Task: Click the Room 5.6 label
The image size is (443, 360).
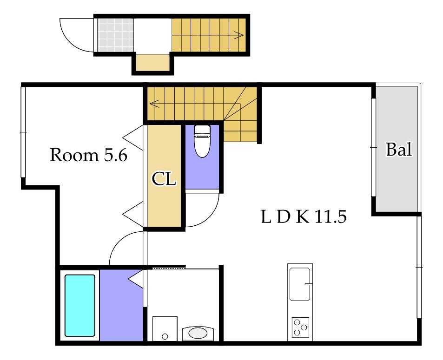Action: click(x=88, y=155)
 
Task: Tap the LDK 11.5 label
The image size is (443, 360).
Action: click(x=304, y=217)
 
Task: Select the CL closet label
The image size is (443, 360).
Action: click(x=164, y=179)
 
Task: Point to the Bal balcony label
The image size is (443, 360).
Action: click(x=399, y=149)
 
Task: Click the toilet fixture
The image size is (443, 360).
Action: click(x=202, y=141)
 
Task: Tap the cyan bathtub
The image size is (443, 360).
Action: click(x=79, y=305)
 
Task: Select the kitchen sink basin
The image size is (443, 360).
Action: click(x=300, y=284)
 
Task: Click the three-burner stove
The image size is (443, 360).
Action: click(x=300, y=327)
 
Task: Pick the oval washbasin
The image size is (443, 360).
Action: click(x=198, y=333)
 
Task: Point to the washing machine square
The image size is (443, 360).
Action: click(x=165, y=329)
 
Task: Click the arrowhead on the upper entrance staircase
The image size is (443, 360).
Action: click(x=240, y=35)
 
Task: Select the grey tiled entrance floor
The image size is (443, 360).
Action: click(x=116, y=35)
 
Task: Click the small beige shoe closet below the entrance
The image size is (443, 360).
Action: click(x=153, y=62)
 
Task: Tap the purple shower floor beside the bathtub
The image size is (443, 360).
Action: click(x=121, y=305)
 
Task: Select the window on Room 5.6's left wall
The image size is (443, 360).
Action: click(x=23, y=132)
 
